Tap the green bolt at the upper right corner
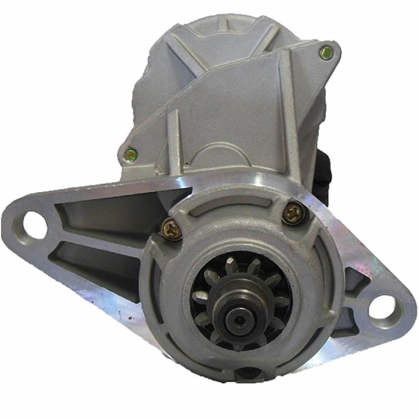tap(325, 53)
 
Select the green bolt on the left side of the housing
tap(131, 153)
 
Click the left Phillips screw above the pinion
tap(172, 229)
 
